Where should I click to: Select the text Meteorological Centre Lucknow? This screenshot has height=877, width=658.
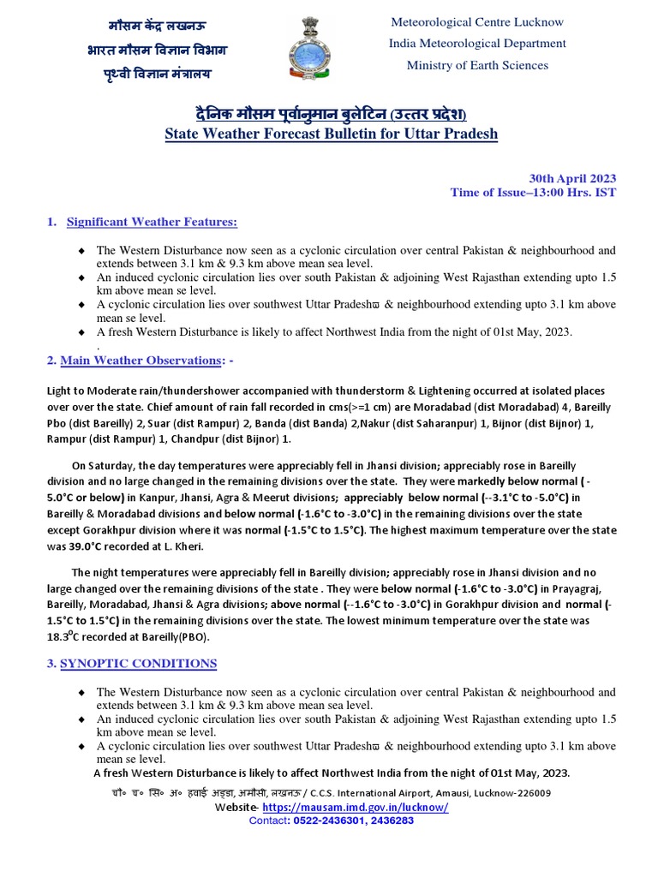tap(477, 21)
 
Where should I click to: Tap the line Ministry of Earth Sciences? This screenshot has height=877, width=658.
tap(477, 65)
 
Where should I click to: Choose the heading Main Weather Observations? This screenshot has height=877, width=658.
tap(139, 361)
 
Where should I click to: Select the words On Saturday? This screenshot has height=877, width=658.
tap(102, 465)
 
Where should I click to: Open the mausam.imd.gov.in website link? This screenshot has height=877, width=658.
tap(355, 808)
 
